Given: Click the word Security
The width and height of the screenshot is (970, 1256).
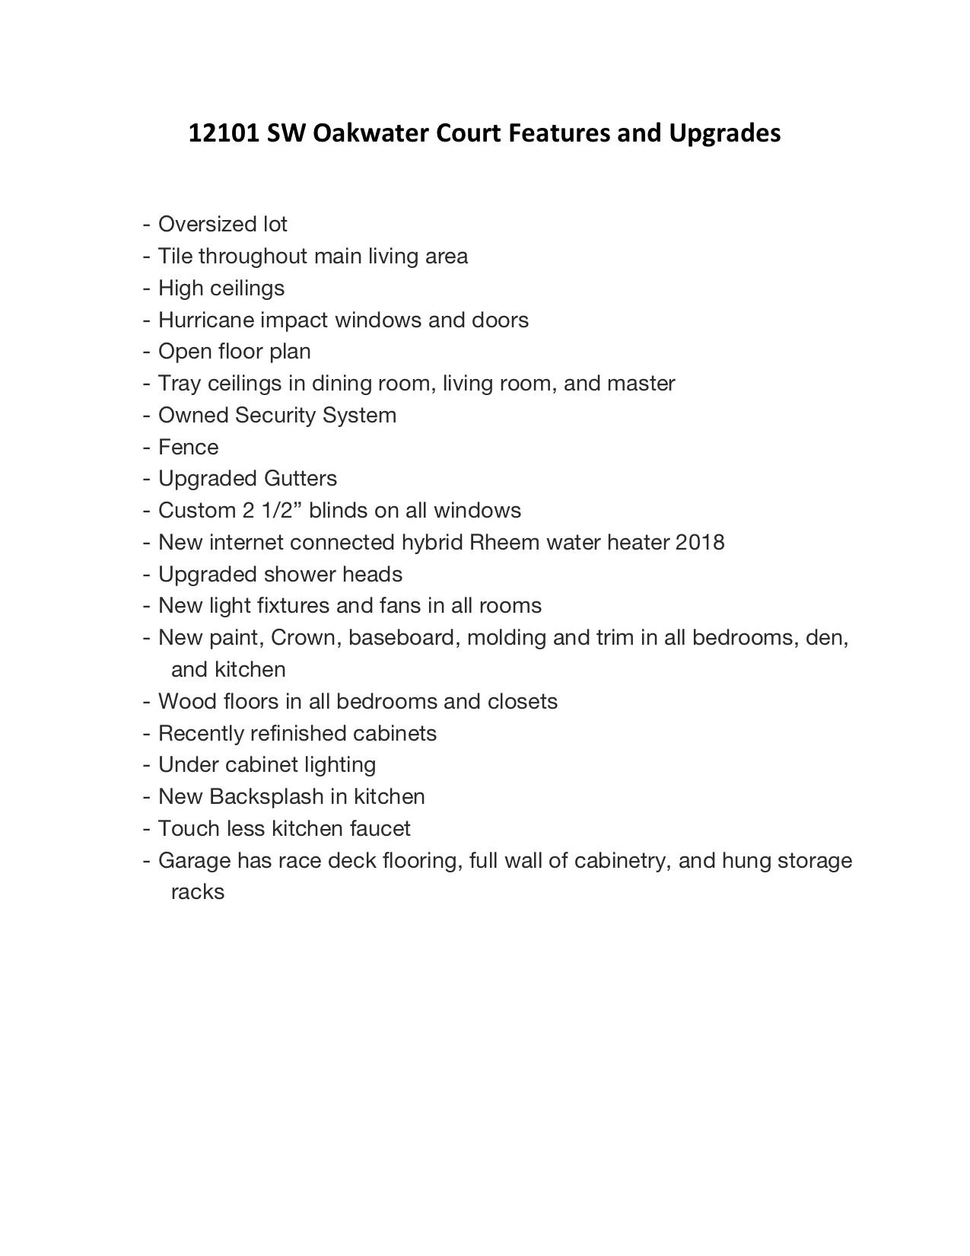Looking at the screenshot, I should [275, 415].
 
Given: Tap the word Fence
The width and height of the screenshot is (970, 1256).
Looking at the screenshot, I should [188, 447].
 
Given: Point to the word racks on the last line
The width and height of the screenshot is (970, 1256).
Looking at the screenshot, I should [197, 892].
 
